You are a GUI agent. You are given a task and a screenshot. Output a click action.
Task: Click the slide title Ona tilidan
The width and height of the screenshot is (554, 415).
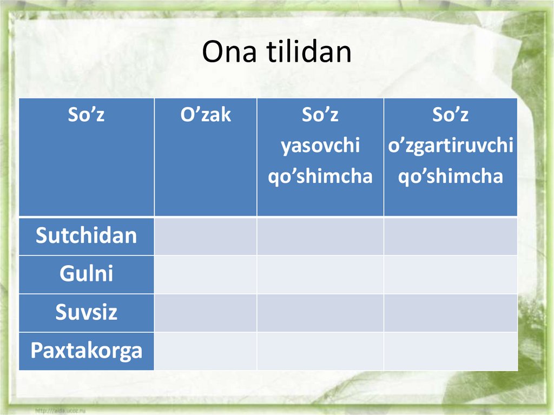pos(276,52)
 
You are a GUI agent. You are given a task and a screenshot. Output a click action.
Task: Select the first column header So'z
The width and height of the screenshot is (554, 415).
pos(86,115)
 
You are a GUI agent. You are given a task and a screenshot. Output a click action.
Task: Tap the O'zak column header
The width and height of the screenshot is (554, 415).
pos(206,115)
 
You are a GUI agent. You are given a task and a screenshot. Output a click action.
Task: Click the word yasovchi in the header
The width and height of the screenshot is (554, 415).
pos(320,146)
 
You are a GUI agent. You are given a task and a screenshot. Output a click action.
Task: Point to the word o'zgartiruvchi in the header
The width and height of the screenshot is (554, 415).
pos(450,146)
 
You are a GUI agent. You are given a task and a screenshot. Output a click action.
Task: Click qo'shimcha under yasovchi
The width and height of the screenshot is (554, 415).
pos(320,176)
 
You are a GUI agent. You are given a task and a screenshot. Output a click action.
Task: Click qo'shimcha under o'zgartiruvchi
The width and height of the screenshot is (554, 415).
pos(450,176)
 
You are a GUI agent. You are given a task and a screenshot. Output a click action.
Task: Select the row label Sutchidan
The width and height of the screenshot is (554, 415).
pos(86,236)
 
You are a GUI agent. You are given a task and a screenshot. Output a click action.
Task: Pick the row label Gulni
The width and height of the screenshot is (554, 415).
pos(86,274)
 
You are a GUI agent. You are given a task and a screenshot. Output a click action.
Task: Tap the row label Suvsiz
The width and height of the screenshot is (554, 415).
pos(86,313)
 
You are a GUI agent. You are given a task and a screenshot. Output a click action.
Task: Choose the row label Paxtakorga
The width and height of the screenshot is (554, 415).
pos(86,351)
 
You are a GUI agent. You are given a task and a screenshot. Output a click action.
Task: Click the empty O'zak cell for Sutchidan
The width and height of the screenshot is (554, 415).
pos(206,236)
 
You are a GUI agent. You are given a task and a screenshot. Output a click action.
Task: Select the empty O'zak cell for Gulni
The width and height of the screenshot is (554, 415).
pos(206,274)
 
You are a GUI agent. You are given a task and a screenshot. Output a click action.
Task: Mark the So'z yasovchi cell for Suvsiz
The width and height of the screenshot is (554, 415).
pos(320,313)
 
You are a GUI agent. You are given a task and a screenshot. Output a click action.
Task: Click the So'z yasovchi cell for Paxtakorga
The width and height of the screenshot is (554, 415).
pos(320,351)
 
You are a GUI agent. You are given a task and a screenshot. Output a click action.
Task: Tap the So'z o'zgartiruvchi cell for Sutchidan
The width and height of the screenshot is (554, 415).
pos(450,236)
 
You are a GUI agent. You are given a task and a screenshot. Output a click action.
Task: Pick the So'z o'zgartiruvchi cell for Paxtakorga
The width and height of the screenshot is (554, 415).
pos(450,351)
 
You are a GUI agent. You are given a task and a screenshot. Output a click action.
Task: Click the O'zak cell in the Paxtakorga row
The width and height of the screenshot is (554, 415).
pos(206,351)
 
